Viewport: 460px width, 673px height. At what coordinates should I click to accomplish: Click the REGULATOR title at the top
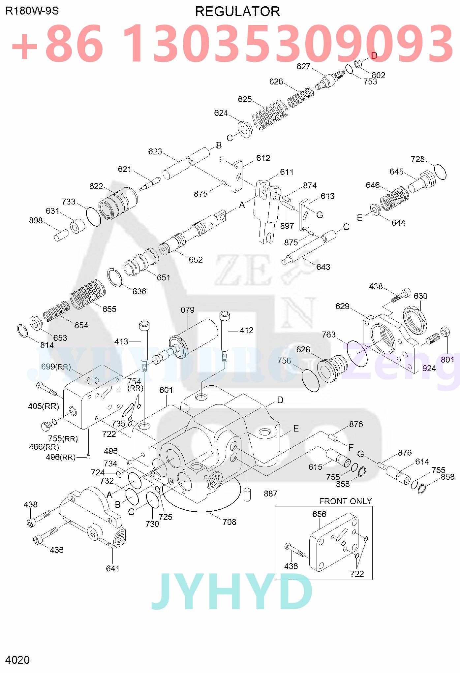coord(237,12)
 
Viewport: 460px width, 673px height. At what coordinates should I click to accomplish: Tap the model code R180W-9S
coord(32,11)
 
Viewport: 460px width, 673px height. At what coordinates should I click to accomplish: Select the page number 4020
coord(17,660)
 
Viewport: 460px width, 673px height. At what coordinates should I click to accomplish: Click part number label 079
coord(187,310)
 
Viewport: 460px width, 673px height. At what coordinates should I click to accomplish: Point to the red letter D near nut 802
coord(374,55)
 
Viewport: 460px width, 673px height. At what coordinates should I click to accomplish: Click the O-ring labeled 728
coord(440,172)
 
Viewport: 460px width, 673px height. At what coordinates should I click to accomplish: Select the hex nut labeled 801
coord(445,331)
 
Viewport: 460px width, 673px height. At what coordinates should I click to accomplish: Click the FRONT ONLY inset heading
coord(345,501)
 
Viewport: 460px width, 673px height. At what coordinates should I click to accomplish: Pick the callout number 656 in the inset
coord(319,514)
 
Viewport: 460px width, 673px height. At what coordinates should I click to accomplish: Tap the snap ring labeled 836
coord(114,277)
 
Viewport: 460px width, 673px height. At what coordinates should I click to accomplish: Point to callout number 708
coord(229,522)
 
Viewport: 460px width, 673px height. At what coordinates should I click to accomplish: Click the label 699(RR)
coord(56,367)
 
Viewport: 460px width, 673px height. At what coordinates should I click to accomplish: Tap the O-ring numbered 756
coord(311,380)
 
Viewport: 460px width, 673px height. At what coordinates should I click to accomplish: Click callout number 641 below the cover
coord(112,568)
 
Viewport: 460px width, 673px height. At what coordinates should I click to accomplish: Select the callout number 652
coord(196,260)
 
